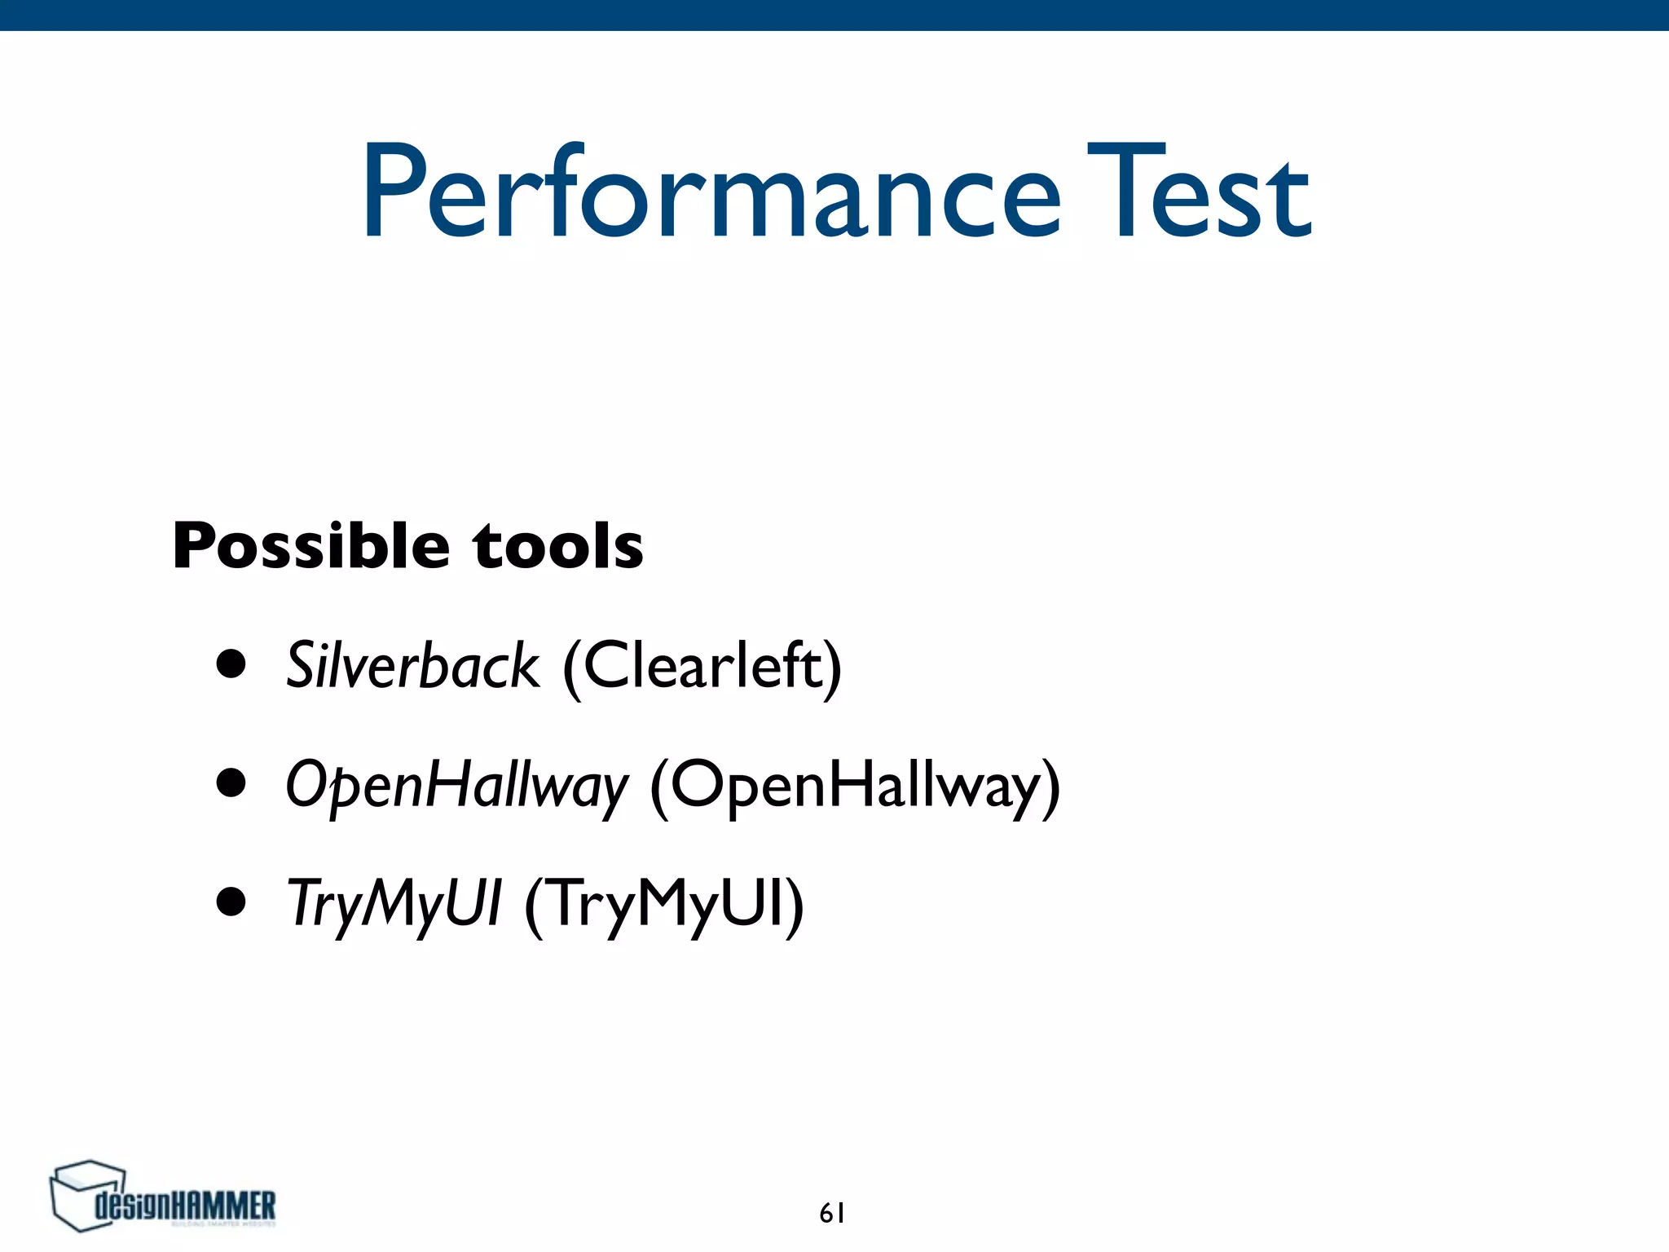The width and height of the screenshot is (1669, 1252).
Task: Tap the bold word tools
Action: [558, 545]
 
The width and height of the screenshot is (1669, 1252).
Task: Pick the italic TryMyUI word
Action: [394, 904]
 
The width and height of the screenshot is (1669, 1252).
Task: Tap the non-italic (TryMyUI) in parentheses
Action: [664, 904]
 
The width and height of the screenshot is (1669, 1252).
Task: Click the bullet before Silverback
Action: [231, 664]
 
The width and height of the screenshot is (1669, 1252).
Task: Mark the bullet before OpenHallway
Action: [231, 783]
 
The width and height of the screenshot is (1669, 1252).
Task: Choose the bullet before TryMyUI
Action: [231, 902]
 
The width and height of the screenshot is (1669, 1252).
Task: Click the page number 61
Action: [832, 1214]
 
